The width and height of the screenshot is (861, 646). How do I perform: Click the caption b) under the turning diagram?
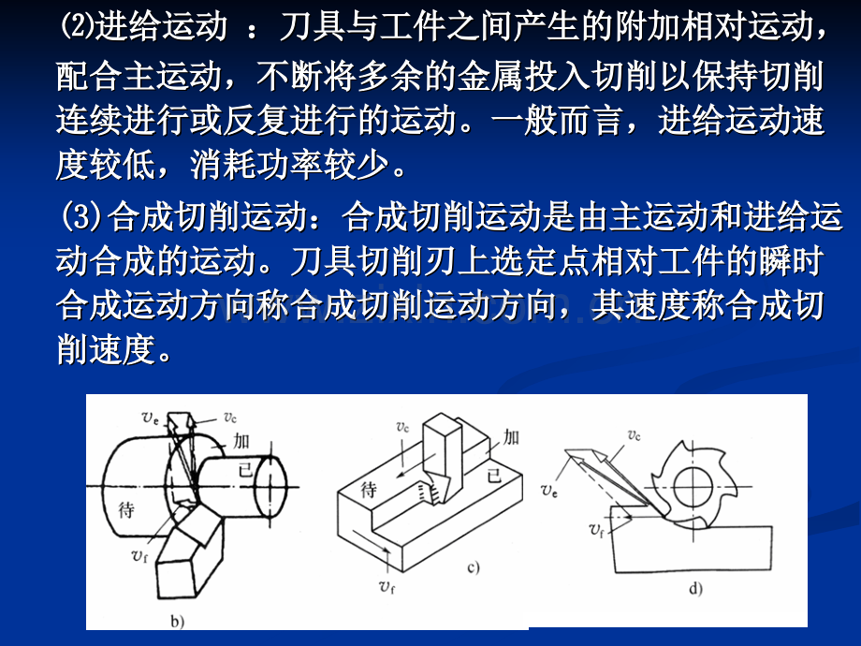[x=177, y=622]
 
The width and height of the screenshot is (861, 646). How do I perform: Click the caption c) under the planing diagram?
[x=474, y=566]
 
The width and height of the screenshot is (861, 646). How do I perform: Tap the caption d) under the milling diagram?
[x=695, y=589]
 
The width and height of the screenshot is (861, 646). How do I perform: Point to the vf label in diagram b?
[x=139, y=555]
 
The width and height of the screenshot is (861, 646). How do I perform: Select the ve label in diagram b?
[x=151, y=418]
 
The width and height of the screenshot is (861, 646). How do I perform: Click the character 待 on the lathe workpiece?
[x=126, y=509]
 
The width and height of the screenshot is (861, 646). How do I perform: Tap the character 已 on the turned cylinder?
[x=245, y=470]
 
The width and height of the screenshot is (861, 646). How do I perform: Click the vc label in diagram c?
[x=402, y=427]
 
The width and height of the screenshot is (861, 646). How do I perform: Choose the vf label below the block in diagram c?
[x=387, y=587]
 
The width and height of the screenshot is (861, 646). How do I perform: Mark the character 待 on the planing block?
[x=369, y=489]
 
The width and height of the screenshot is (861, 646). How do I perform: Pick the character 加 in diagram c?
[x=511, y=437]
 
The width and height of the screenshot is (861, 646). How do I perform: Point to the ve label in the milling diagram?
[x=549, y=490]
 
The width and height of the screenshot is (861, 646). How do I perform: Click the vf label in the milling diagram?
[x=596, y=530]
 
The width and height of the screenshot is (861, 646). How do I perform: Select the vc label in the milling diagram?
[x=634, y=435]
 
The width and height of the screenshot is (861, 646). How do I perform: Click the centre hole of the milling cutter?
[x=693, y=487]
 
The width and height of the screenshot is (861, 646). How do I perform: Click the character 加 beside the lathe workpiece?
[x=241, y=441]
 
